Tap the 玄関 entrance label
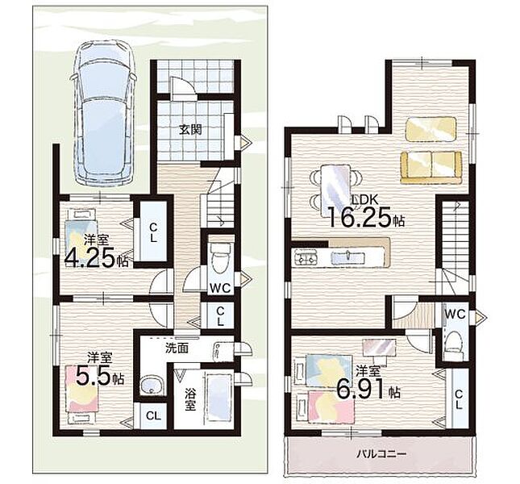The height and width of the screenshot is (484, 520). [191, 129]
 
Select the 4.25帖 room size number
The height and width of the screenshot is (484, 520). [96, 257]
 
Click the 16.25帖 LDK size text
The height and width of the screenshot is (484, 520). [366, 218]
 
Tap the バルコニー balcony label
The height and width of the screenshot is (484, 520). [381, 453]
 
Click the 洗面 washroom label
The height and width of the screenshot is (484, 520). [177, 348]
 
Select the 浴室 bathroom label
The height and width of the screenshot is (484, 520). [189, 399]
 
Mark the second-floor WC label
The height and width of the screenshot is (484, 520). [455, 314]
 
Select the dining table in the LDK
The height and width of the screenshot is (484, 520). [335, 190]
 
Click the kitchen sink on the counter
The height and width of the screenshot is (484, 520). [348, 257]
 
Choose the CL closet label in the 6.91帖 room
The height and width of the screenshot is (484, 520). [458, 399]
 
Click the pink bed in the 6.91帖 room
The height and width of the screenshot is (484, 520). [331, 407]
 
